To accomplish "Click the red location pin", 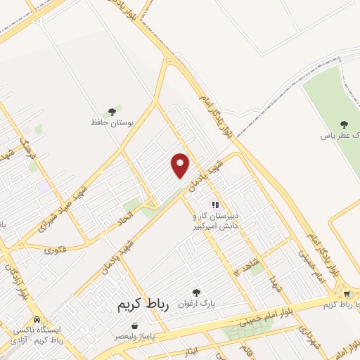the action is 181,165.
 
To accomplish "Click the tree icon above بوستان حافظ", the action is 112,111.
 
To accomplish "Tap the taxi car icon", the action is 37,319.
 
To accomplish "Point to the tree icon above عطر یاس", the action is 344,124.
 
